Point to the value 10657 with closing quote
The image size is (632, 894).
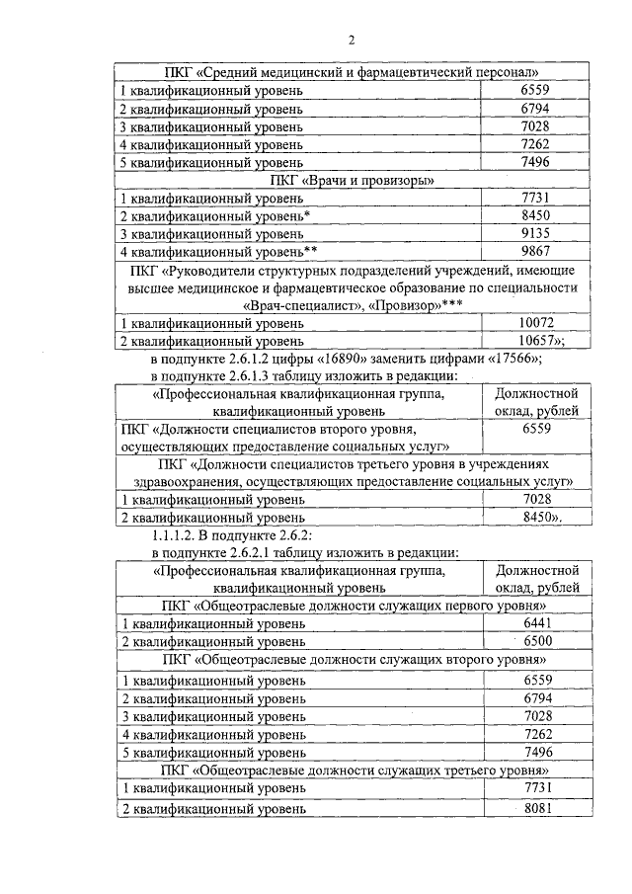point(542,341)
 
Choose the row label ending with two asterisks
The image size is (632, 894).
point(217,252)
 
